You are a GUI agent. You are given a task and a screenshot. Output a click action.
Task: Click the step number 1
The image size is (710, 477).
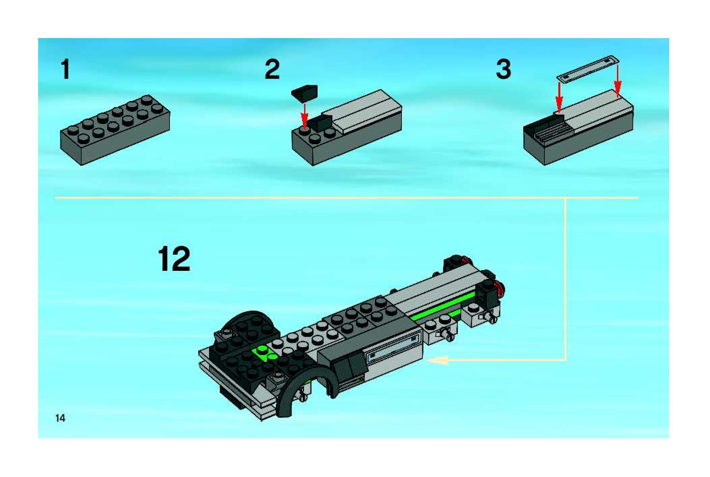point(65,69)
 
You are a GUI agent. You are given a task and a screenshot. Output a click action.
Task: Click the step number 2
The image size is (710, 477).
point(272,69)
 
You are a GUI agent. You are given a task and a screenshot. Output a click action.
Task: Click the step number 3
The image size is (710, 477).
point(504,69)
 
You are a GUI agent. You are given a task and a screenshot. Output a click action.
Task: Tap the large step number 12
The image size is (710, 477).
point(174,259)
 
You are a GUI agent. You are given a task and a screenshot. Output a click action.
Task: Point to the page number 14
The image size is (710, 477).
point(60,418)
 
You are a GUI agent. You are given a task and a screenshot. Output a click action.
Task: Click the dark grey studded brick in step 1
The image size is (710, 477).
point(115,130)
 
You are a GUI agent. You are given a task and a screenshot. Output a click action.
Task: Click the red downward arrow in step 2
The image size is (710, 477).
point(304,116)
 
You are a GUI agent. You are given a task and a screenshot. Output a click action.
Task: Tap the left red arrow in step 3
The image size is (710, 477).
point(559,98)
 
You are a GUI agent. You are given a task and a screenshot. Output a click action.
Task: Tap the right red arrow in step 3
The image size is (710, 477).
point(618,81)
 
